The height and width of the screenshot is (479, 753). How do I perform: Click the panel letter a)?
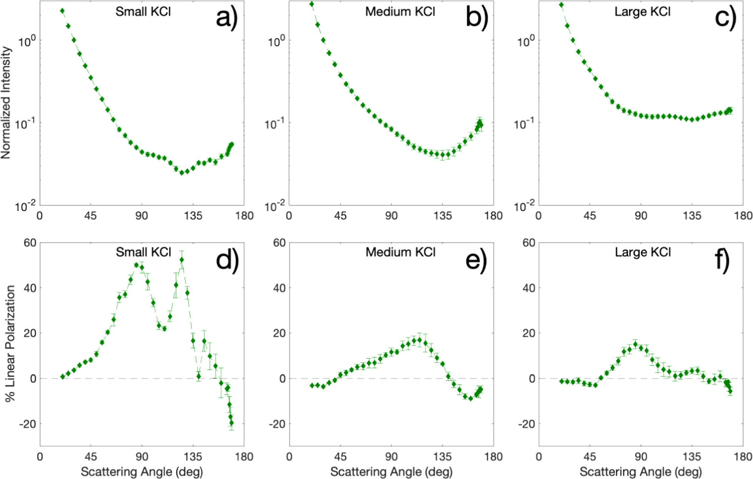[x=227, y=18]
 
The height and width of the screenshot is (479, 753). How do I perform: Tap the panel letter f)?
[x=722, y=260]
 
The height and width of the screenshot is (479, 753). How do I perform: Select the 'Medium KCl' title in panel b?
[x=400, y=12]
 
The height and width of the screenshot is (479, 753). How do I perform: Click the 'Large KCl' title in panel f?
[x=643, y=252]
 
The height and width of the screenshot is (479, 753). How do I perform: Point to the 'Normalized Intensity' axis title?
[x=6, y=103]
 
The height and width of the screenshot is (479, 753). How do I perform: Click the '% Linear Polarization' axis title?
[x=10, y=343]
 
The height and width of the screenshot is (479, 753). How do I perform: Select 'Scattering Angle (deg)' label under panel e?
[x=391, y=471]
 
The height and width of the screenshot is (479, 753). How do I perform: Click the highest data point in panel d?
[x=182, y=260]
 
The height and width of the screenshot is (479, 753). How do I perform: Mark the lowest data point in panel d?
[x=231, y=423]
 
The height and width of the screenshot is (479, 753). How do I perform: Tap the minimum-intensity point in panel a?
[x=182, y=173]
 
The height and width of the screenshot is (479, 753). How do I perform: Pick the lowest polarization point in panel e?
[x=471, y=399]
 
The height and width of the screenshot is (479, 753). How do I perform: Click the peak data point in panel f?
[x=635, y=344]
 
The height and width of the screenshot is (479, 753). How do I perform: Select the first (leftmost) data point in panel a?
[x=62, y=11]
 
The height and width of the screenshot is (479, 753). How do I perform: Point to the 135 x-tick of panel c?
[x=692, y=216]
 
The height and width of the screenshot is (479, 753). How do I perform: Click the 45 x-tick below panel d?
[x=91, y=457]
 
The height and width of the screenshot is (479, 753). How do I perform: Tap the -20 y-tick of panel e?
[x=277, y=424]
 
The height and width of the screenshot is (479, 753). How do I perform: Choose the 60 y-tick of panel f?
[x=529, y=243]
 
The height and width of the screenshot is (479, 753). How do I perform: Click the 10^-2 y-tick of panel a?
[x=25, y=206]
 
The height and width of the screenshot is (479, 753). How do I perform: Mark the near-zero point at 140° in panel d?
[x=199, y=376]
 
